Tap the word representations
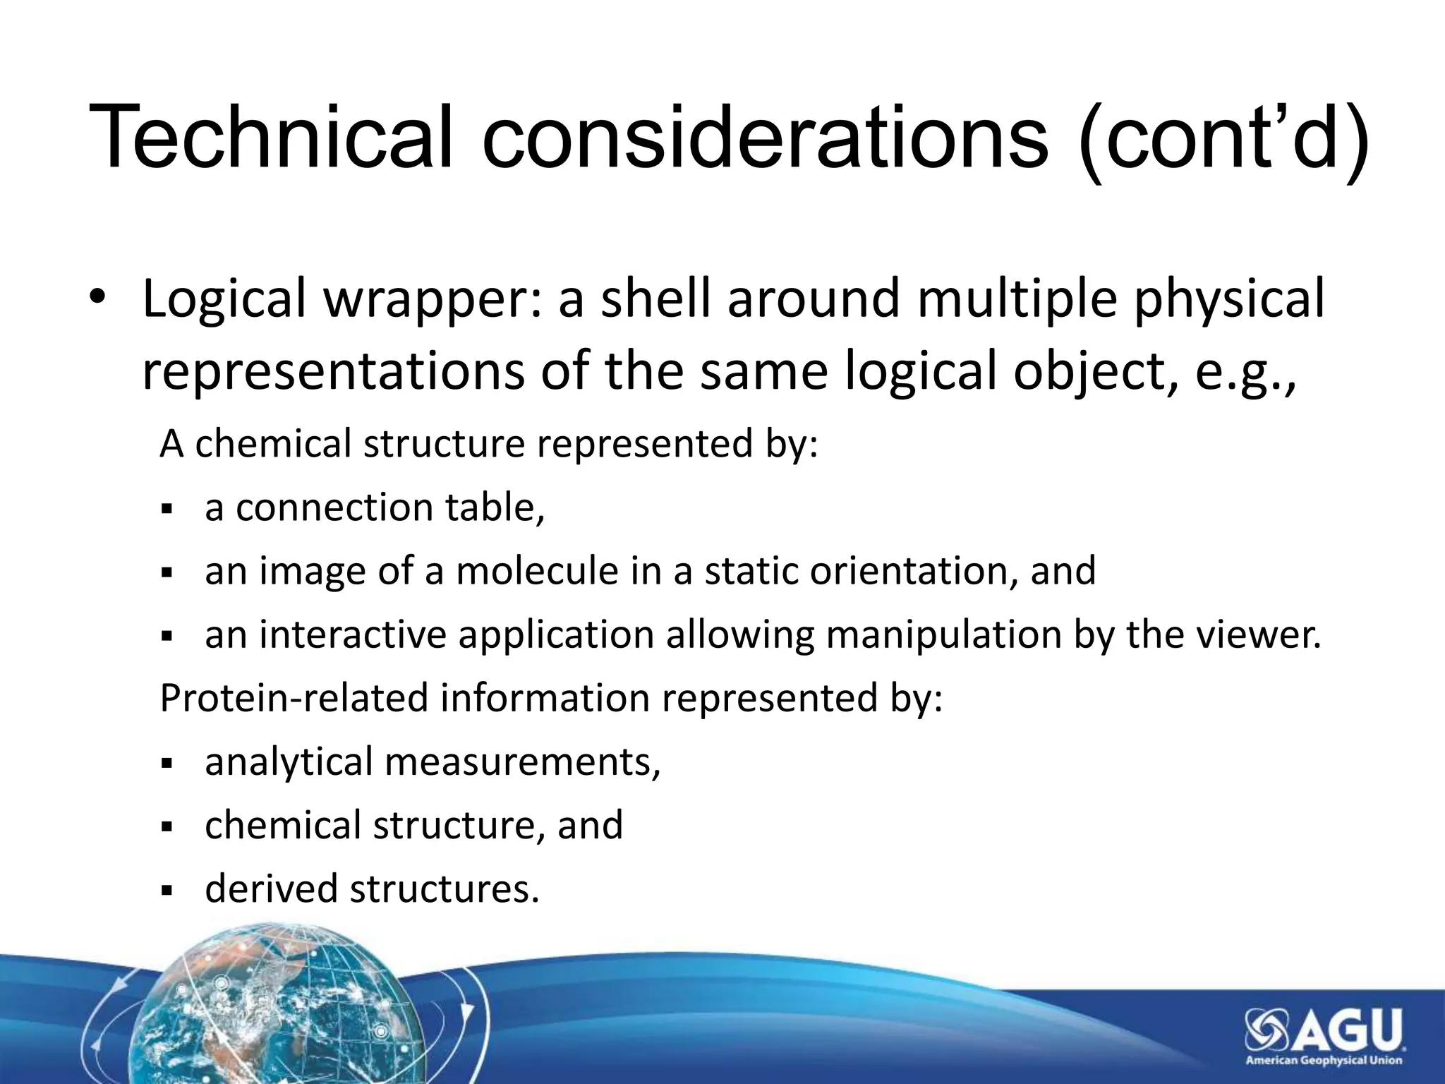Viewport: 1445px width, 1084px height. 333,372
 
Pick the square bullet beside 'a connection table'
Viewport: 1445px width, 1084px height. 167,509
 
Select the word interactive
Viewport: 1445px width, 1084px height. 353,634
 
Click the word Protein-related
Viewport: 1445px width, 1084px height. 294,698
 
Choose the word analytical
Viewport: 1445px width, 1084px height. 289,763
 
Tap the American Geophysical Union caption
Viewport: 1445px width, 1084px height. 1324,1060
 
